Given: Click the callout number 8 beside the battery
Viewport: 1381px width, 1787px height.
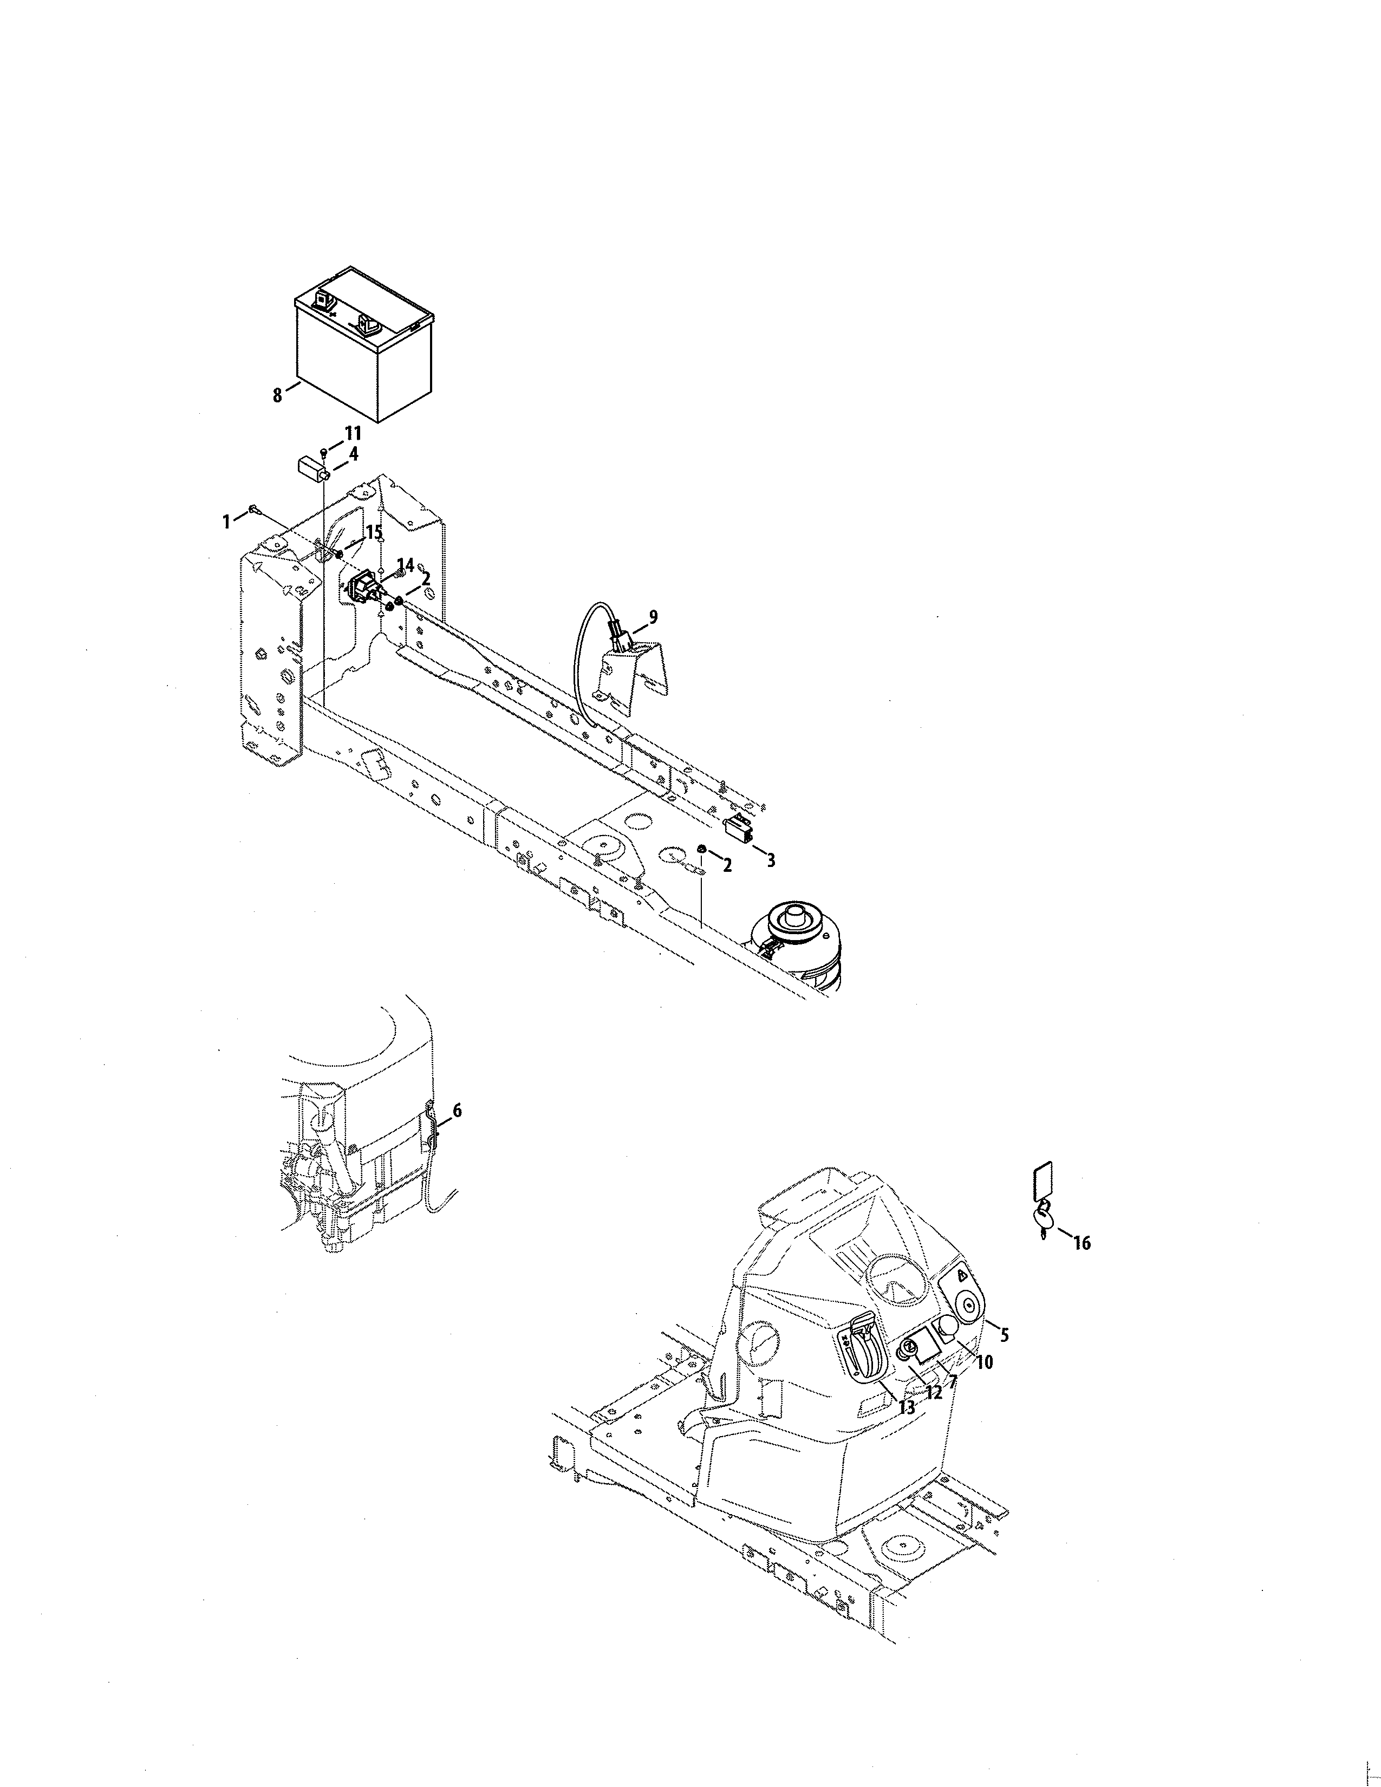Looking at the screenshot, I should [x=277, y=395].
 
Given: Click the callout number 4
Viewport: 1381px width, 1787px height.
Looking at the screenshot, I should [x=353, y=453].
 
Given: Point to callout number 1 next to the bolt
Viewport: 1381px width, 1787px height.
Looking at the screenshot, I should [x=226, y=520].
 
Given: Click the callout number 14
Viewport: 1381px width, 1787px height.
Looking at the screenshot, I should [x=405, y=565].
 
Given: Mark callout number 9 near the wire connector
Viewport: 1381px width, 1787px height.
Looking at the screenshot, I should [x=652, y=617].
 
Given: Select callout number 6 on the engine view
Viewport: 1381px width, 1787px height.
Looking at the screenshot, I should [x=457, y=1110].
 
